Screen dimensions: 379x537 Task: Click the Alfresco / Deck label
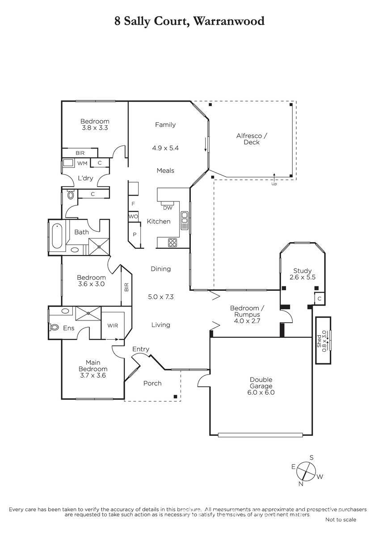pyautogui.click(x=252, y=139)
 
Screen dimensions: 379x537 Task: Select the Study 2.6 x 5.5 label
pyautogui.click(x=303, y=274)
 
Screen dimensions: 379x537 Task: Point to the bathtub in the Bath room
pyautogui.click(x=57, y=236)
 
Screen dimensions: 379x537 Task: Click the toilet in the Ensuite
pyautogui.click(x=55, y=327)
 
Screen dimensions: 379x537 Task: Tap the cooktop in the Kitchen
pyautogui.click(x=173, y=243)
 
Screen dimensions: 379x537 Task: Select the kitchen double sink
pyautogui.click(x=184, y=220)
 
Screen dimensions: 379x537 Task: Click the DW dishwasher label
pyautogui.click(x=168, y=208)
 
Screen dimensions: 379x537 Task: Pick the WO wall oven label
pyautogui.click(x=133, y=217)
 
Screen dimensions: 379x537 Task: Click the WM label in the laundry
pyautogui.click(x=82, y=163)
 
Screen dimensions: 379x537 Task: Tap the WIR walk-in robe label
pyautogui.click(x=113, y=326)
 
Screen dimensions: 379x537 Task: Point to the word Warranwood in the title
pyautogui.click(x=229, y=21)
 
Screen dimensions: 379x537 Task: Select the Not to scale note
pyautogui.click(x=341, y=520)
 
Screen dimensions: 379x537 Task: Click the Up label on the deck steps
pyautogui.click(x=274, y=184)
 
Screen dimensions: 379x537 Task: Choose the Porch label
pyautogui.click(x=152, y=384)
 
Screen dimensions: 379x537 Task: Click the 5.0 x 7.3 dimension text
pyautogui.click(x=160, y=297)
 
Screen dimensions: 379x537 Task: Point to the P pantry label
pyautogui.click(x=135, y=234)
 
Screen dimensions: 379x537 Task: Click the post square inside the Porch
pyautogui.click(x=175, y=396)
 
